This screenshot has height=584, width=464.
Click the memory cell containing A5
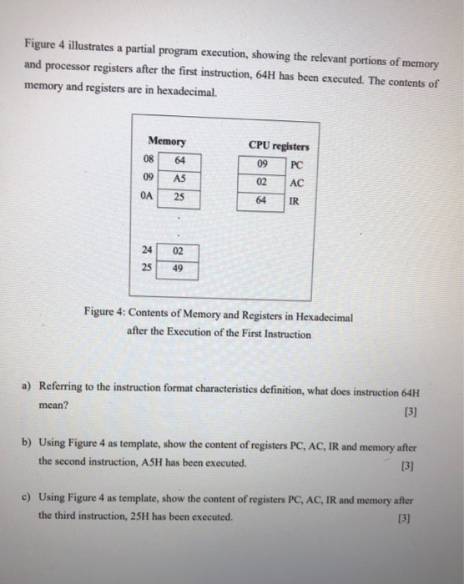[179, 178]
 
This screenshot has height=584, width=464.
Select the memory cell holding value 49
[179, 269]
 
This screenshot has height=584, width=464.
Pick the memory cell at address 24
[179, 251]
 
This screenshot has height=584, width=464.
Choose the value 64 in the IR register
[261, 200]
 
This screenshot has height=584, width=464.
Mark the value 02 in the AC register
[261, 181]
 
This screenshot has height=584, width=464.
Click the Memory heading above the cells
[166, 142]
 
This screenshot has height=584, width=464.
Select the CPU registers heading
[279, 145]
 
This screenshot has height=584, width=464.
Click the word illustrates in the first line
[93, 43]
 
